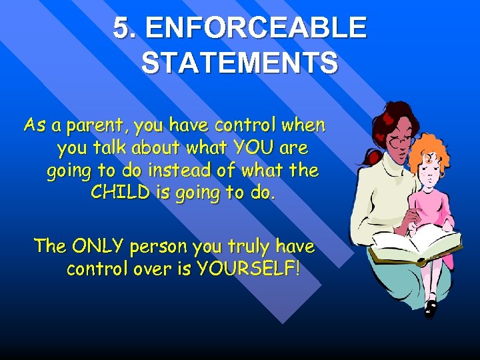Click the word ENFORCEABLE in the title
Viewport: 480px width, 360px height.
click(x=255, y=28)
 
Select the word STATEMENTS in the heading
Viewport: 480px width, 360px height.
click(x=239, y=63)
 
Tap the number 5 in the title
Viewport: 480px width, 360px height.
click(x=121, y=28)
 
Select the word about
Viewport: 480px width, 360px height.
click(x=155, y=147)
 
